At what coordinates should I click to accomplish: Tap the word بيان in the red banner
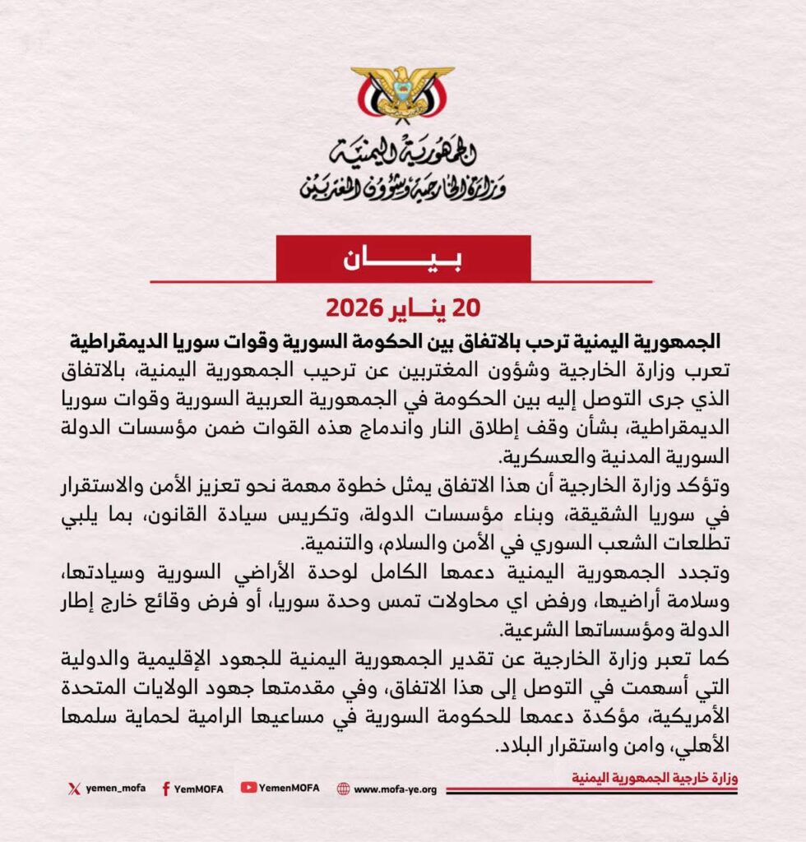pos(402,258)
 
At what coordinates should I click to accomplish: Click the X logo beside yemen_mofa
pos(73,789)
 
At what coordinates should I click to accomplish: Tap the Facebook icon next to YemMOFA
pos(165,789)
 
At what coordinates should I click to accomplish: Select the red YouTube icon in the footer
pos(248,788)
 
